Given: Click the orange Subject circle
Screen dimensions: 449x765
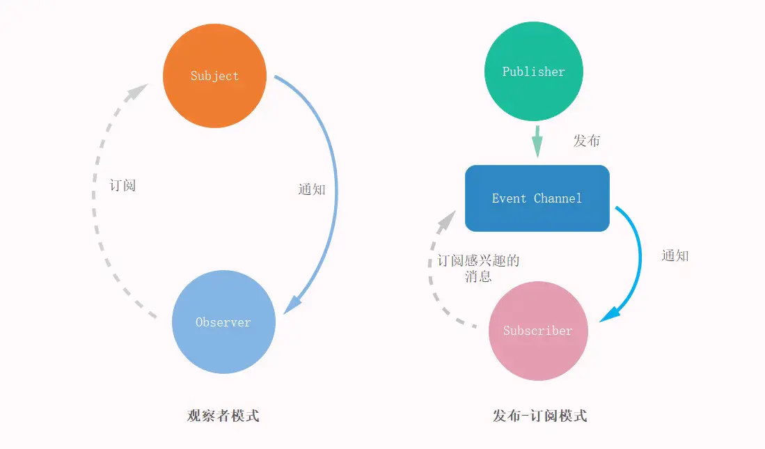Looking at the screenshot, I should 214,76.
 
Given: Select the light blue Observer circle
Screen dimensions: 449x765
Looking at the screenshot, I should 223,322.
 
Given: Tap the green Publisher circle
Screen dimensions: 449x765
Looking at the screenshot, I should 534,72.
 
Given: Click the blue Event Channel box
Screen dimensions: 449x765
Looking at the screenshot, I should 537,198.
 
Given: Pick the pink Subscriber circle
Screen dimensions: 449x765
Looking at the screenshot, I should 538,331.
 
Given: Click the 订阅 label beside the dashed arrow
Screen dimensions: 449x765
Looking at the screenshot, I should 123,185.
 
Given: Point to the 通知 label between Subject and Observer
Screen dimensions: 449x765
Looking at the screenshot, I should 311,189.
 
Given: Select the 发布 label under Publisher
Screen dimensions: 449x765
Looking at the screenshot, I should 586,141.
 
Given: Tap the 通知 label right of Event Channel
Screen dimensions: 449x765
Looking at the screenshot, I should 675,255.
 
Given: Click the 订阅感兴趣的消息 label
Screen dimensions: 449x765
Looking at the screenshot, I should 478,268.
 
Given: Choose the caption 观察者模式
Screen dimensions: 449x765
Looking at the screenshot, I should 223,416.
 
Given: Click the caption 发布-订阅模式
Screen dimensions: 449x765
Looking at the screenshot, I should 539,416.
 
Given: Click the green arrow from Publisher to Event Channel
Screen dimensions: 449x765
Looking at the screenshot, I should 537,142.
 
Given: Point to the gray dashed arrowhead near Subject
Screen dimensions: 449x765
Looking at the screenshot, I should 140,91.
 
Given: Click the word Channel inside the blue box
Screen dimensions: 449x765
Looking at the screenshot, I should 558,198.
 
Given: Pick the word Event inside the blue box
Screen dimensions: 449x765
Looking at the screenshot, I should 509,198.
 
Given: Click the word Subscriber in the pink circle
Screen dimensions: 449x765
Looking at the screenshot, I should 538,331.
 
